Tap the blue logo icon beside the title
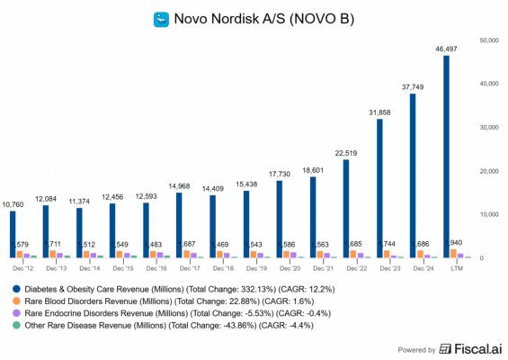click(163, 18)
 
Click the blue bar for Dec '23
click(379, 188)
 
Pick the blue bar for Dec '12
click(11, 235)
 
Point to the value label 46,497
click(448, 48)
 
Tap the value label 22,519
click(346, 152)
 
